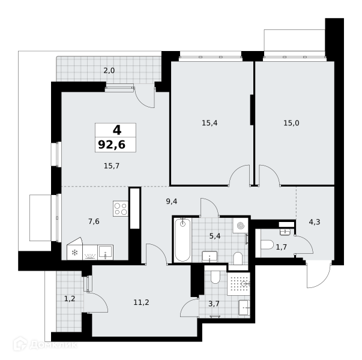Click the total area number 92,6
112,145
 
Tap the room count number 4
117,130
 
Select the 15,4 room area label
210,123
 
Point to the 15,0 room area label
291,123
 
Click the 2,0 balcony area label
109,71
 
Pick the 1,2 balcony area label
70,299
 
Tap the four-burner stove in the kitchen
121,209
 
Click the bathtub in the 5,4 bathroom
183,240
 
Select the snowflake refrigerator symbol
74,253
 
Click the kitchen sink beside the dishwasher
106,253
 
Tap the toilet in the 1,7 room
267,245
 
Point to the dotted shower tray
238,284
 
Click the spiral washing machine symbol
240,226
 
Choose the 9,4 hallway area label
172,202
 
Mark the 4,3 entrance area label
315,222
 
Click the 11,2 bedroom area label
141,302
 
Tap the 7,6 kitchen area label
94,221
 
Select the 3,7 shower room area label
214,304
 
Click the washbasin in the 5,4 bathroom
210,257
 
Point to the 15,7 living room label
112,166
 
